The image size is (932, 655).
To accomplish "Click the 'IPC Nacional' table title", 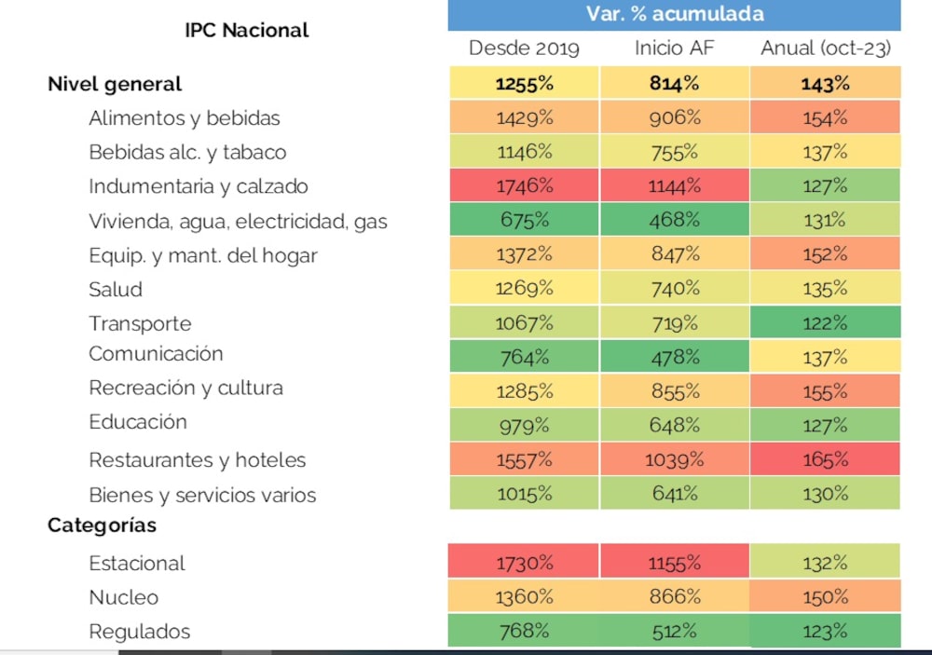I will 247,30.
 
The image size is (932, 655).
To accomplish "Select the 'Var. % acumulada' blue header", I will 675,14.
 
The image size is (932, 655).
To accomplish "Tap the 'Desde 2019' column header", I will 524,48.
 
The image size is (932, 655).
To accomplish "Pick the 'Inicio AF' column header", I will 675,48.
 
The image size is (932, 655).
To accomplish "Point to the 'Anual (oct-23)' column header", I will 825,48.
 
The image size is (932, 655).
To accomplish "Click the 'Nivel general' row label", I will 115,84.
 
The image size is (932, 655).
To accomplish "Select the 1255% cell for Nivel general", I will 524,84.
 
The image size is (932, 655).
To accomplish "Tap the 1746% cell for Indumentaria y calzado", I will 524,185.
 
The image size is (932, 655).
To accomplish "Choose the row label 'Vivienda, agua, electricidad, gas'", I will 238,222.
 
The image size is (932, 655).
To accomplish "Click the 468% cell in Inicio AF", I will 675,220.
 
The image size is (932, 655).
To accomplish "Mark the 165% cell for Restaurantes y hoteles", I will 825,459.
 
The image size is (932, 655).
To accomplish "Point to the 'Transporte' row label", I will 140,323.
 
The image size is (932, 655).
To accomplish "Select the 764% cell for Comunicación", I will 524,357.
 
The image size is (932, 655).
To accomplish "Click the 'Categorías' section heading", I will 103,525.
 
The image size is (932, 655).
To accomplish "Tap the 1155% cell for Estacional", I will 675,563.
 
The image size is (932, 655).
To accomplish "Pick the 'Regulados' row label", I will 139,632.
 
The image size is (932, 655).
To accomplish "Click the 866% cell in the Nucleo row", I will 675,597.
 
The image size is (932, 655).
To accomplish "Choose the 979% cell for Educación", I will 524,426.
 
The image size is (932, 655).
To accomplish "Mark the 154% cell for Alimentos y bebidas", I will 825,118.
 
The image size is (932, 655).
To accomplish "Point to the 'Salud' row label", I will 116,290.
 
